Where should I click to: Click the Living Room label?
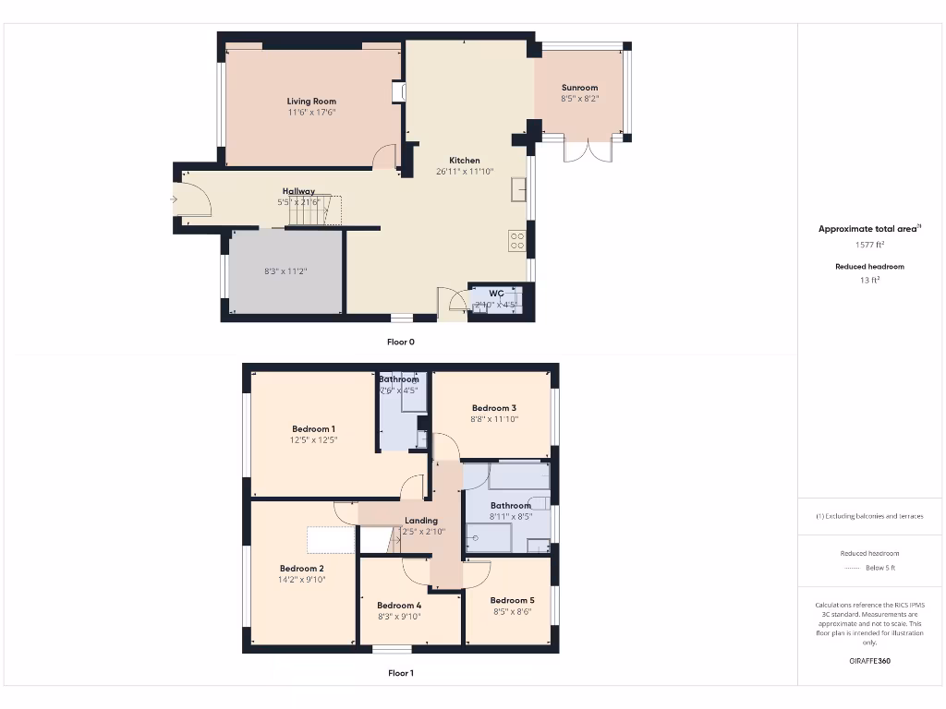click(311, 102)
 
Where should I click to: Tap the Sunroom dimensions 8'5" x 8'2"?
click(579, 98)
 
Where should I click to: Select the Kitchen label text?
click(465, 161)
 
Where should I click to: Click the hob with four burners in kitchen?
click(517, 241)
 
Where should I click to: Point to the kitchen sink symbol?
click(519, 189)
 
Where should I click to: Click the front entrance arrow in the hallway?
click(174, 198)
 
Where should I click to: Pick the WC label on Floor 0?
click(496, 294)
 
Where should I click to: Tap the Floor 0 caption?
click(401, 342)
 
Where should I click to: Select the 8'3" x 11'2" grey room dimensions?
click(286, 272)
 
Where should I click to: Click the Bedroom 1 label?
click(313, 429)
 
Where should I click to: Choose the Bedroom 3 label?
click(494, 408)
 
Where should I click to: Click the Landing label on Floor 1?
click(420, 521)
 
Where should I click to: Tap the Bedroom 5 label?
click(512, 600)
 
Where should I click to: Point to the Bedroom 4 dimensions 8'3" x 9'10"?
click(399, 617)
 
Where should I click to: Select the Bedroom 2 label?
click(302, 569)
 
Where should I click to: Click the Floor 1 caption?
click(401, 673)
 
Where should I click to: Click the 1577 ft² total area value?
click(869, 246)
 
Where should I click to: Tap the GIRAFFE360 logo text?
click(869, 661)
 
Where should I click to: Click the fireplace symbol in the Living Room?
click(399, 92)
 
